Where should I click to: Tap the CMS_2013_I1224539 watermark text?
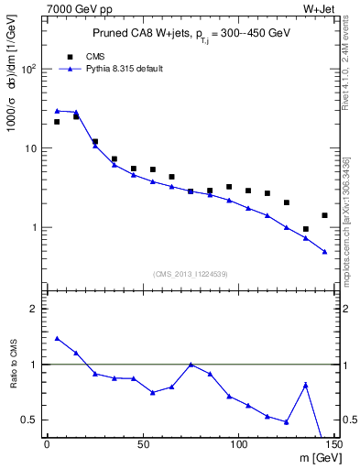pos(190,273)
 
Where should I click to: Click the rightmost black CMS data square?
pos(324,215)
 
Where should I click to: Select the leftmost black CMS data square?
pos(57,121)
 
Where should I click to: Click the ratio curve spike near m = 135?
pos(305,385)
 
